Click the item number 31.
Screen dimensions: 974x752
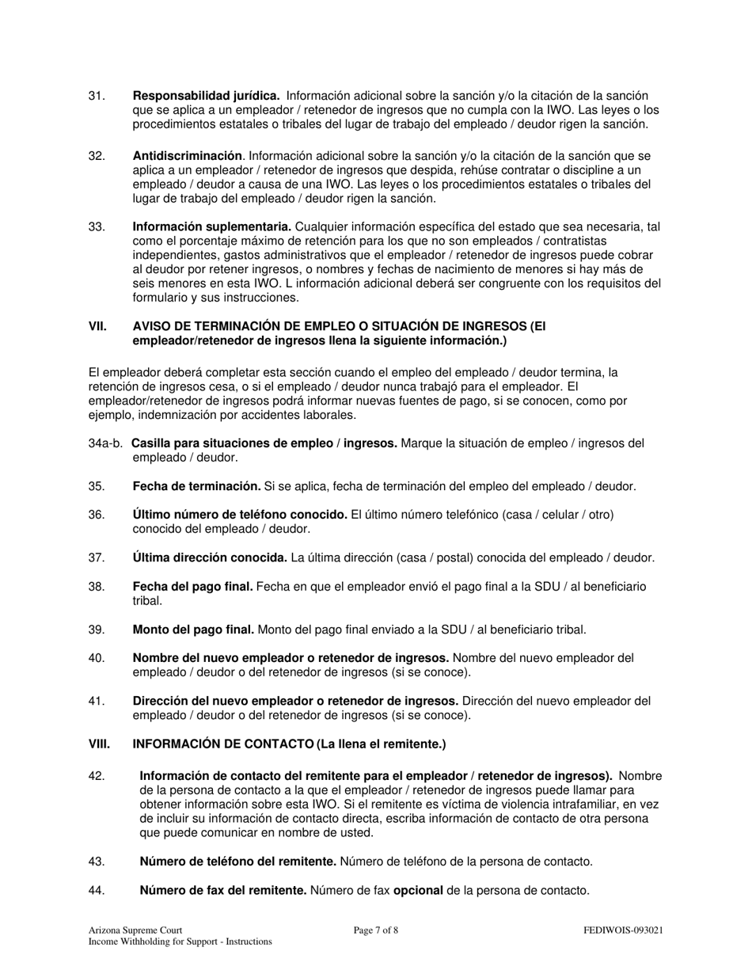[x=97, y=96]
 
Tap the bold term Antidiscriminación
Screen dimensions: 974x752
[x=187, y=156]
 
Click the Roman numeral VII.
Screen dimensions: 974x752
[x=97, y=326]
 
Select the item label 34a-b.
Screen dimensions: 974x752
[x=106, y=443]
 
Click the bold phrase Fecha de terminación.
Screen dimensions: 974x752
[x=196, y=486]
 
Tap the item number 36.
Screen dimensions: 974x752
[x=97, y=515]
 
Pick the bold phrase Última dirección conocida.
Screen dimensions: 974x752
[x=210, y=557]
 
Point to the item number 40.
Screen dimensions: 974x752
[x=97, y=658]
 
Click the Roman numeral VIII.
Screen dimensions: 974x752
[x=99, y=744]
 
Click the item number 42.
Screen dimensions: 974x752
[x=97, y=776]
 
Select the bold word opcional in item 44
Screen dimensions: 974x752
[x=418, y=890]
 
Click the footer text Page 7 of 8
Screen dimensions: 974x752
[x=376, y=930]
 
